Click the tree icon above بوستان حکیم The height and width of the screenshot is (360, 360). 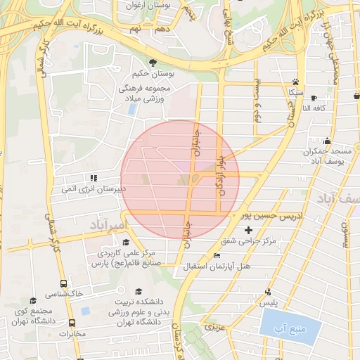pyautogui.click(x=153, y=63)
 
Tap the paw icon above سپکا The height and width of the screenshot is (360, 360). pyautogui.click(x=295, y=82)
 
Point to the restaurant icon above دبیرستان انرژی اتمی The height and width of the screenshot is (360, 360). pyautogui.click(x=93, y=178)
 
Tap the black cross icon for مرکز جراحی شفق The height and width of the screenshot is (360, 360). pyautogui.click(x=247, y=230)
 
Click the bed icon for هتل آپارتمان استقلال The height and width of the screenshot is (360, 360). pyautogui.click(x=216, y=256)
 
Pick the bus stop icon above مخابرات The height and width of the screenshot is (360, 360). pyautogui.click(x=72, y=323)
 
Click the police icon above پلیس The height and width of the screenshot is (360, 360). pyautogui.click(x=268, y=292)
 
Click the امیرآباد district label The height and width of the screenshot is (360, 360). pyautogui.click(x=107, y=225)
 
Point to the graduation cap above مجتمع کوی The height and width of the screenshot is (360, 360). pyautogui.click(x=34, y=301)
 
